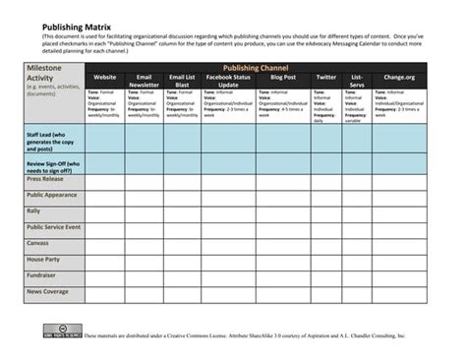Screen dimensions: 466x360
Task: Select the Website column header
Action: click(104, 76)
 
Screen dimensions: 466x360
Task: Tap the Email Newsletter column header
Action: click(144, 81)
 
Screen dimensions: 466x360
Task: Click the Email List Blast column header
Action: click(182, 81)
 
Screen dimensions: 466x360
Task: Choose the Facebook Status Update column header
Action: click(228, 81)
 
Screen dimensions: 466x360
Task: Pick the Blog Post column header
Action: click(282, 76)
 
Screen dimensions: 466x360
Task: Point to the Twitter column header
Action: click(325, 76)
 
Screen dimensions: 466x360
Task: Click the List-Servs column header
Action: click(356, 81)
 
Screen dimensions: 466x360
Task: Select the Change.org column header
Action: click(399, 76)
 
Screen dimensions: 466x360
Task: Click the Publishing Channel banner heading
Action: click(256, 67)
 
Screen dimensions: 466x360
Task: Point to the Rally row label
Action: click(34, 211)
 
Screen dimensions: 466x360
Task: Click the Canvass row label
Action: click(38, 243)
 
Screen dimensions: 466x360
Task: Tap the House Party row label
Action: click(43, 260)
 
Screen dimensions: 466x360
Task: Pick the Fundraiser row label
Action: click(42, 275)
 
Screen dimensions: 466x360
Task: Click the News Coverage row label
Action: click(48, 292)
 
